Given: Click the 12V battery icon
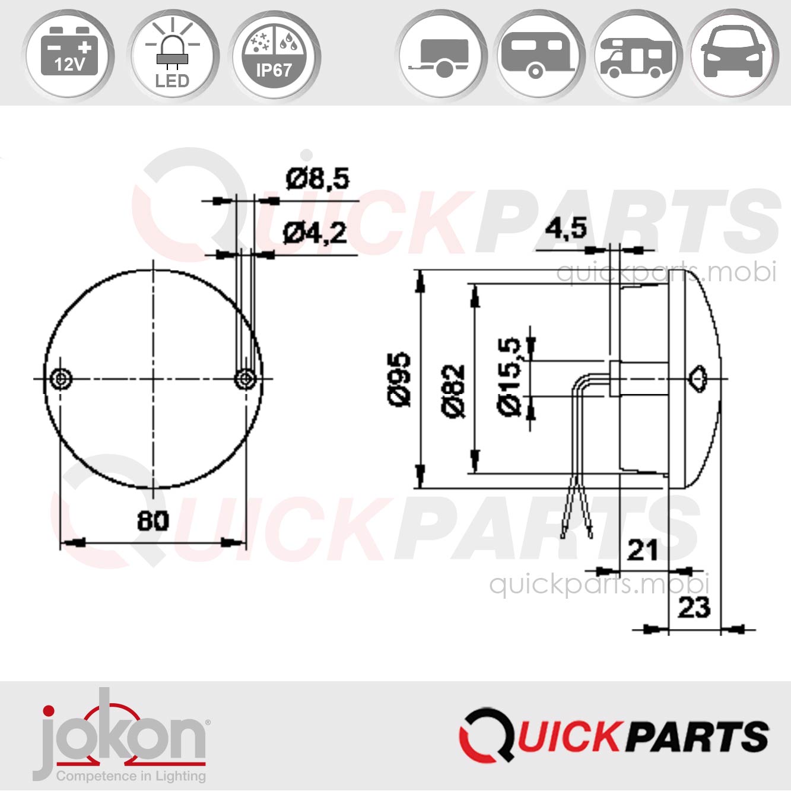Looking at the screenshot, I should coord(69,55).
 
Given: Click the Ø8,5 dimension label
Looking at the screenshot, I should coord(317,179).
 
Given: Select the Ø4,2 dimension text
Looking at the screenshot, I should coord(315,233).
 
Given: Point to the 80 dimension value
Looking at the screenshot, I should coord(153,520).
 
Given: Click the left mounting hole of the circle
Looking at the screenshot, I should coord(61,379).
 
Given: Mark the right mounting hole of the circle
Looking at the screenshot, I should coord(246,379).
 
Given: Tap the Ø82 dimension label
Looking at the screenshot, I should coord(453,391).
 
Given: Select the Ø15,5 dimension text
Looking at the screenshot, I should coord(509,377).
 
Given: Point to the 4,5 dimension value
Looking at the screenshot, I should coord(566,229).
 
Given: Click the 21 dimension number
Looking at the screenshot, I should coord(642,551).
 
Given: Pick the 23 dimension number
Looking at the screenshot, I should coord(694,608).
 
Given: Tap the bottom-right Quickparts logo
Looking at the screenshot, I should coord(614,735).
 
